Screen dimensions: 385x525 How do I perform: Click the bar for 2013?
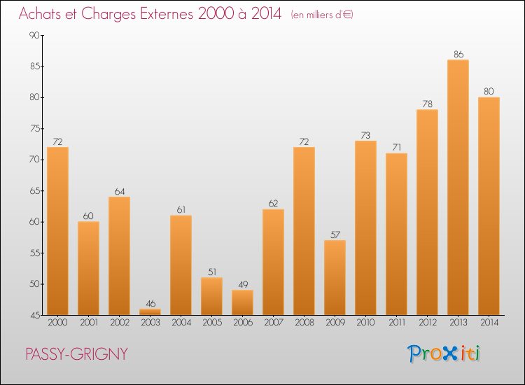(x=458, y=187)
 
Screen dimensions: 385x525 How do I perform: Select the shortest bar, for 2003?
(x=150, y=311)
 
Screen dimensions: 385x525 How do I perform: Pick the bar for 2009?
(x=335, y=277)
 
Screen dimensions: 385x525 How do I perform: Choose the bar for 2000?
(x=57, y=230)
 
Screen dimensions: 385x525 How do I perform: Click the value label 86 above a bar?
(x=458, y=54)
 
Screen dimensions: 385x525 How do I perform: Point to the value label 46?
(x=150, y=303)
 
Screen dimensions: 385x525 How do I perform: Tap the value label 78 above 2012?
(x=427, y=104)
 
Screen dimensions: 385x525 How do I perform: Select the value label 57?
(x=335, y=234)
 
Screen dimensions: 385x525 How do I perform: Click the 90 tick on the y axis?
(x=34, y=36)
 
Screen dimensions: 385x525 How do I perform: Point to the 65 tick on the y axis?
(x=34, y=191)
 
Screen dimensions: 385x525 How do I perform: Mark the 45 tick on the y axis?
(x=34, y=315)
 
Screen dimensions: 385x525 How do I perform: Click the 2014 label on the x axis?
(x=489, y=323)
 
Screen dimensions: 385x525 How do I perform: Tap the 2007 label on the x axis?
(x=273, y=323)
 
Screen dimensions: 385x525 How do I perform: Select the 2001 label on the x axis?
(x=88, y=323)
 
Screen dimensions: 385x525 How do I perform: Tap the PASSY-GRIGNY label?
(x=76, y=354)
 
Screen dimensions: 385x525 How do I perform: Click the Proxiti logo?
(x=444, y=353)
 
